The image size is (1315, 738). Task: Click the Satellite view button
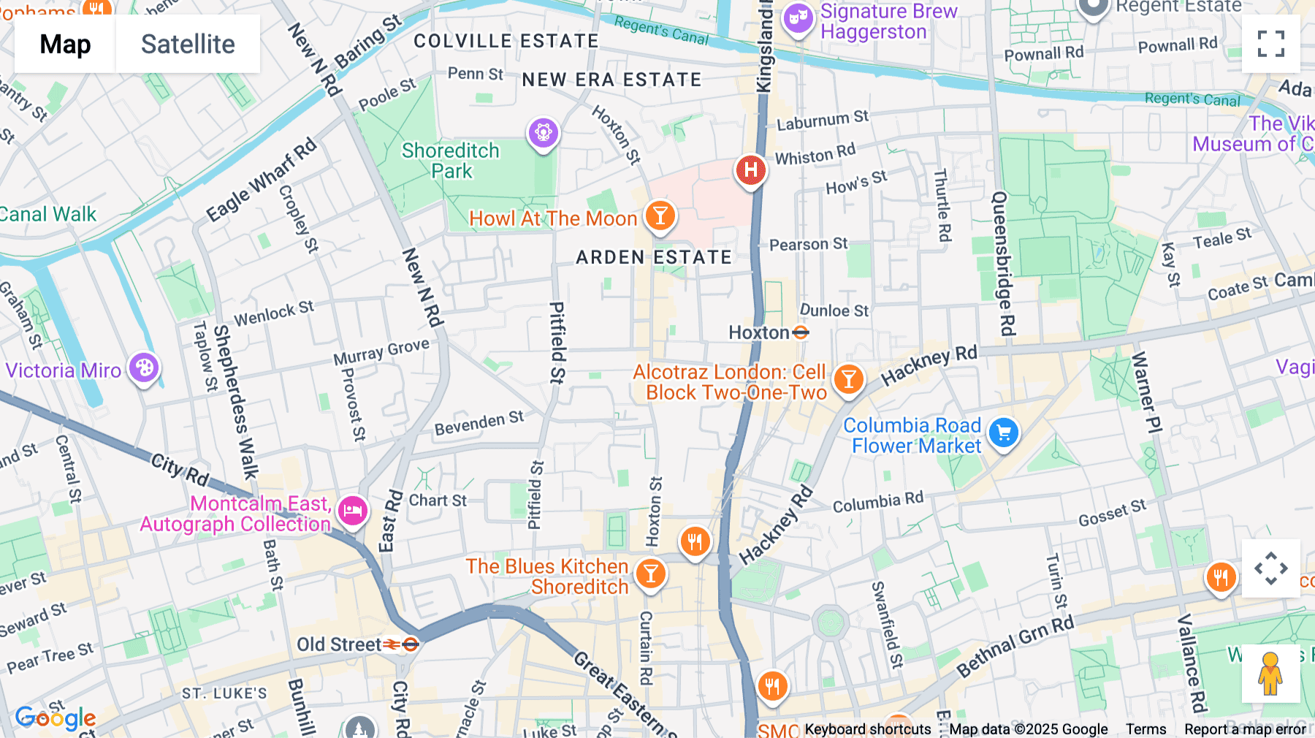[188, 44]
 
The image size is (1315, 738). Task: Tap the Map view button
[65, 44]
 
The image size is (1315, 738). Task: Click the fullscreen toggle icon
[1270, 44]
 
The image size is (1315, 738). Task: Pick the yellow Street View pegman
[1270, 674]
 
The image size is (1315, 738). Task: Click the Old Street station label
[339, 644]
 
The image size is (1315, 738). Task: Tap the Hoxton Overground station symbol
[801, 333]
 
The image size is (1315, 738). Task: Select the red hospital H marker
[750, 171]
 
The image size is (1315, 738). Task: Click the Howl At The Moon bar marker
[660, 216]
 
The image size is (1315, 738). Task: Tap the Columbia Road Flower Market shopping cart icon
[1003, 433]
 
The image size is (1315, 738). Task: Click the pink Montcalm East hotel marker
[352, 511]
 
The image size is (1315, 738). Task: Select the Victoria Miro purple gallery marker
[144, 368]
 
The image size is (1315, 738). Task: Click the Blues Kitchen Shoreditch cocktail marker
[649, 574]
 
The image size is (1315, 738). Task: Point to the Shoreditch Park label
[451, 161]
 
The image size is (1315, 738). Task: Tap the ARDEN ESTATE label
[653, 257]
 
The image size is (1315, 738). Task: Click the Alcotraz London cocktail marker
[848, 379]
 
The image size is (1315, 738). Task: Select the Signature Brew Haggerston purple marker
[798, 19]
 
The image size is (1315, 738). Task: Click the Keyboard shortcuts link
[867, 729]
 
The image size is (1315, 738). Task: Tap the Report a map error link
[1245, 729]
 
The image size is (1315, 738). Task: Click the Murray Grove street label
[381, 351]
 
